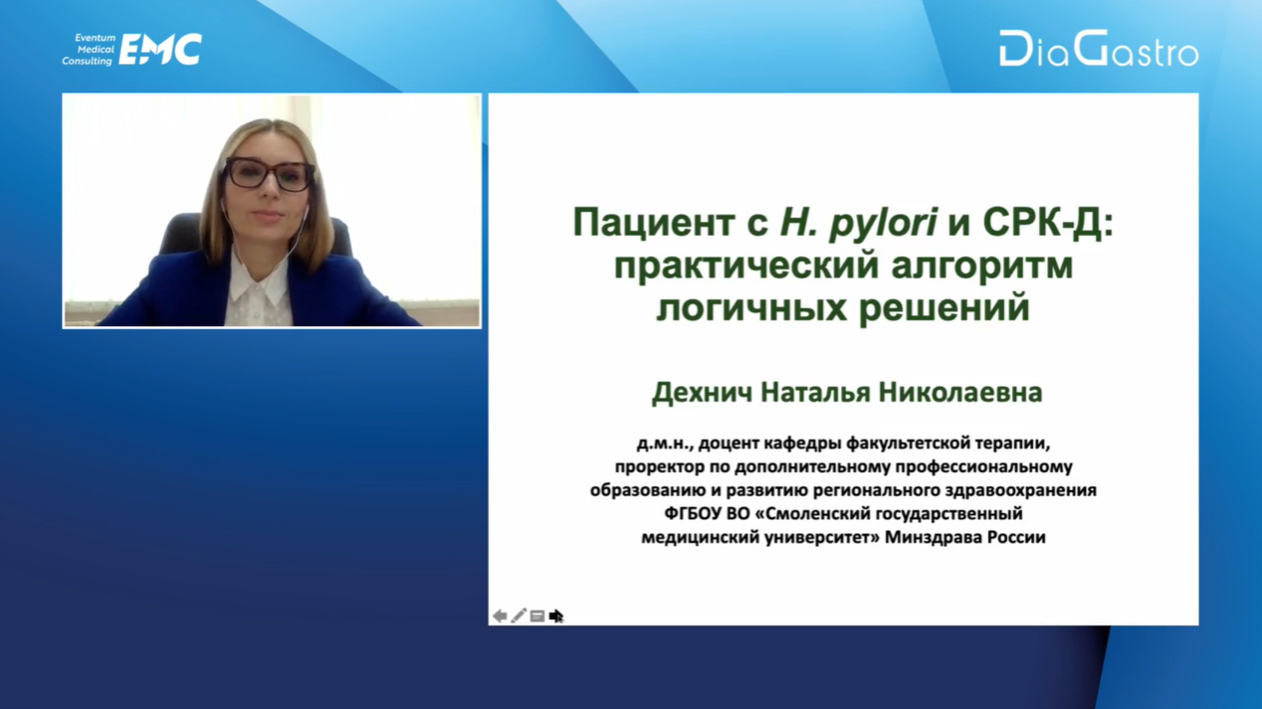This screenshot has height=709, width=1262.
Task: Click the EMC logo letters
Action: (160, 50)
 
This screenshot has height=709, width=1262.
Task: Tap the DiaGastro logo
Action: (1099, 49)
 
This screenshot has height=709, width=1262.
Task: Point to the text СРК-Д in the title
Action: (1048, 224)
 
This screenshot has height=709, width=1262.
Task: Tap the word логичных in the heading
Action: (751, 309)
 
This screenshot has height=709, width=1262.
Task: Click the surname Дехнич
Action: (702, 393)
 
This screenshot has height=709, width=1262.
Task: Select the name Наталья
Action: (815, 393)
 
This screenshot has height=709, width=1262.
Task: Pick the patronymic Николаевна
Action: (960, 392)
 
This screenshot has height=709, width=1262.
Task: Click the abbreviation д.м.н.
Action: (664, 443)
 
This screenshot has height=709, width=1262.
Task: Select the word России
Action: (1016, 537)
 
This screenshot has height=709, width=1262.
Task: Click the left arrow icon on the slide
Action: (500, 617)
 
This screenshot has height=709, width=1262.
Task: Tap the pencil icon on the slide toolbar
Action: (519, 616)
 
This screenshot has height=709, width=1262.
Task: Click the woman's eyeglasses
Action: (270, 173)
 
